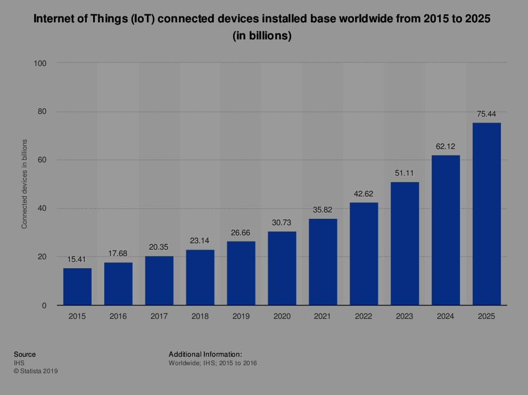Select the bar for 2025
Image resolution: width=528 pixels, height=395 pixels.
pos(486,214)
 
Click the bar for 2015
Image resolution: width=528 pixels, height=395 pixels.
pos(77,286)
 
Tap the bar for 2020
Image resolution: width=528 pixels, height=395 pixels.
pos(282,268)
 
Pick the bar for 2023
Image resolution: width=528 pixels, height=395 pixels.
pos(405,244)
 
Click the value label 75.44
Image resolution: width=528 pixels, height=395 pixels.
pos(486,114)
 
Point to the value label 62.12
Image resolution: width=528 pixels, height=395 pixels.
pos(445,146)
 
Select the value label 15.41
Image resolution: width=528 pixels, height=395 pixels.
pos(77,259)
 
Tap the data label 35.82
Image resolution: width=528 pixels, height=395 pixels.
pos(323,210)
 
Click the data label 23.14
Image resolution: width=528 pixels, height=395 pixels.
pos(200,241)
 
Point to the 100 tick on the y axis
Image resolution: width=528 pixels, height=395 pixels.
pos(40,63)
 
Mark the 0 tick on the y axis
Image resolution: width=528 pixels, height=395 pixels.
pos(45,306)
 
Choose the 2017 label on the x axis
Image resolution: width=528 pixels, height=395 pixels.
pos(159,316)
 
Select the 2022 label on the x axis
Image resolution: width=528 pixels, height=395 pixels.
pos(364,316)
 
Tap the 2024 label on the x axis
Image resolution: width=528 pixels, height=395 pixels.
pos(445,316)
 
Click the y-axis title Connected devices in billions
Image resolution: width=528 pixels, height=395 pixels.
pos(24,184)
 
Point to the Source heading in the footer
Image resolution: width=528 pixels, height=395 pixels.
pos(25,354)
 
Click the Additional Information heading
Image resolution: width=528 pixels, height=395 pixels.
pos(205,354)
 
